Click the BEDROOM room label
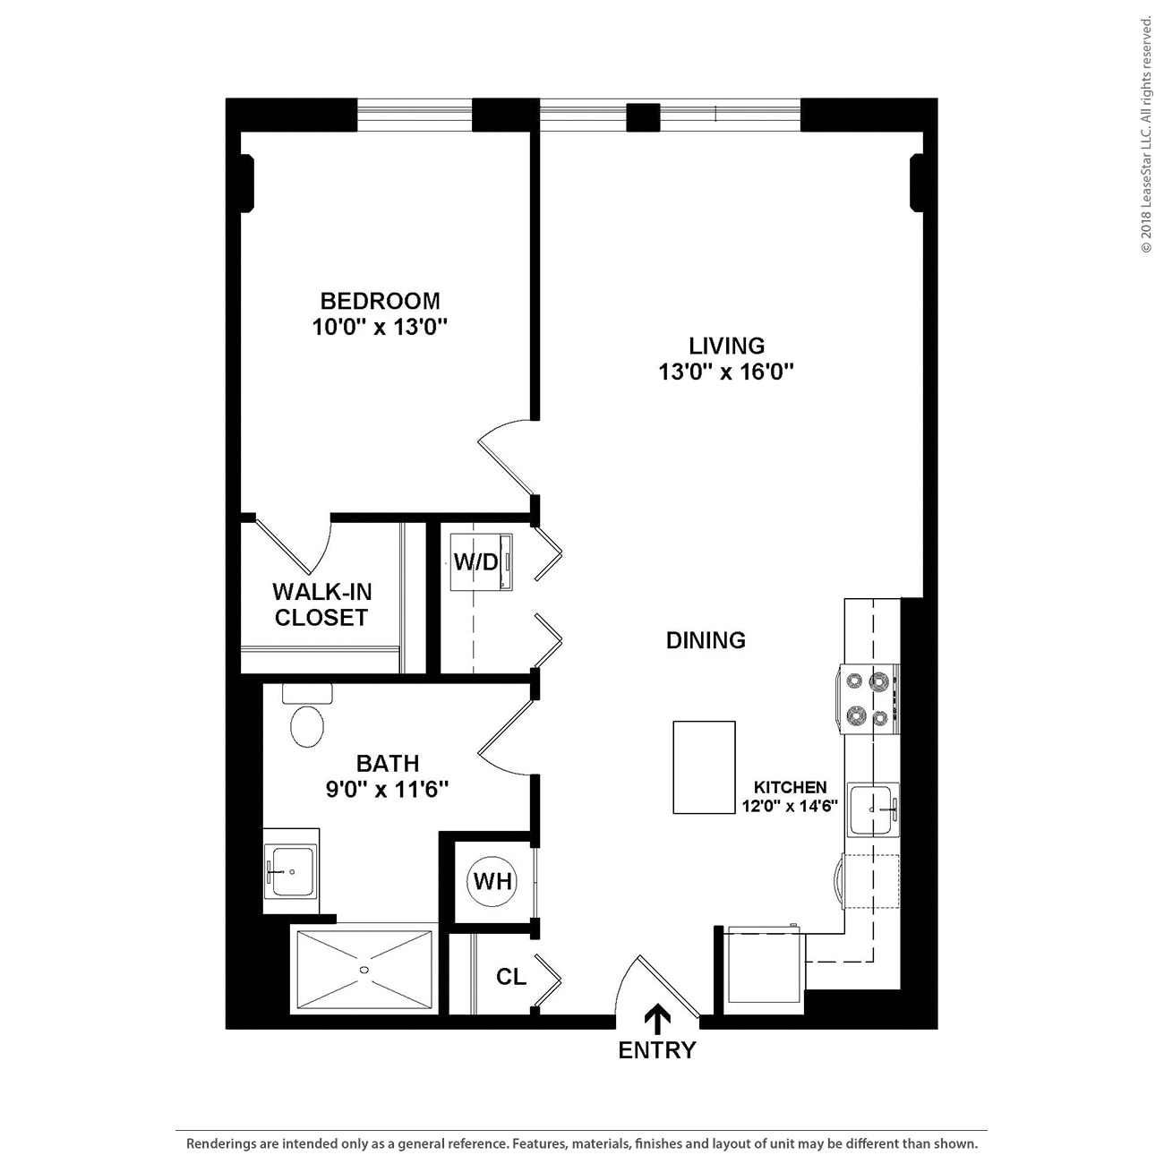pos(380,301)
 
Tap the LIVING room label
pos(726,346)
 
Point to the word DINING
pos(706,640)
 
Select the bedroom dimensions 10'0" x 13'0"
pos(380,328)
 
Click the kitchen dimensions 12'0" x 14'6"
pos(790,806)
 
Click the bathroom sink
pos(290,871)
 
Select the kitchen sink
pos(873,809)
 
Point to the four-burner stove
pos(869,699)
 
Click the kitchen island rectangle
pos(704,767)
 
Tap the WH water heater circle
pos(492,881)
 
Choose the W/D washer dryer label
pos(475,562)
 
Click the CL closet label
pos(511,977)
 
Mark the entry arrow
pos(658,1019)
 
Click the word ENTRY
pos(657,1050)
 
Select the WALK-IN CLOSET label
pos(321,604)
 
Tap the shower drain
pos(364,970)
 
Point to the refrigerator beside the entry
pos(764,968)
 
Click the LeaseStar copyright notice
pos(1146,134)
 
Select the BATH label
pos(388,764)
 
